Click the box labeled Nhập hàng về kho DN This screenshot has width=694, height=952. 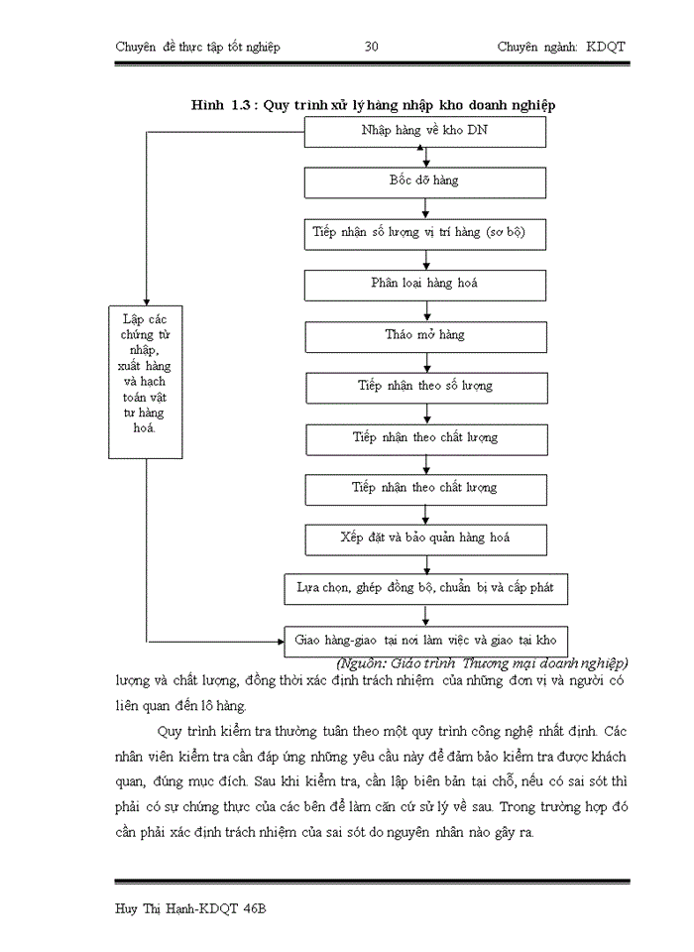click(424, 132)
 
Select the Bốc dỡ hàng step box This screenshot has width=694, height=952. click(424, 182)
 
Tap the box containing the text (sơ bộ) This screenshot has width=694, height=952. click(424, 233)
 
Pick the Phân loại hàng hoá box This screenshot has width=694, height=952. click(424, 284)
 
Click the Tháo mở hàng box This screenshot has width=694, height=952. click(424, 335)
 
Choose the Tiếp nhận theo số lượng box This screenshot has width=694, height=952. click(424, 386)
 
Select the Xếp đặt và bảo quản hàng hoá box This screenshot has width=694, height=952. click(424, 538)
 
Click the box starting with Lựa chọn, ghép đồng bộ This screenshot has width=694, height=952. click(424, 588)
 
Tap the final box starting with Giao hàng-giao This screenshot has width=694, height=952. click(424, 640)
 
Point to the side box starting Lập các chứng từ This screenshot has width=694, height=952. click(146, 381)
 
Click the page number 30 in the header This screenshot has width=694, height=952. click(372, 47)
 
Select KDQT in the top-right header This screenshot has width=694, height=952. click(606, 47)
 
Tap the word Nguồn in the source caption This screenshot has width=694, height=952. click(367, 662)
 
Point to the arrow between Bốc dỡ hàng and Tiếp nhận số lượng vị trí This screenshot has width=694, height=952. click(425, 208)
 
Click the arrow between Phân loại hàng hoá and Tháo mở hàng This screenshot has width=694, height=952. click(425, 310)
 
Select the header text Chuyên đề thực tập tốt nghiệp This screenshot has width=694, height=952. click(197, 47)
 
